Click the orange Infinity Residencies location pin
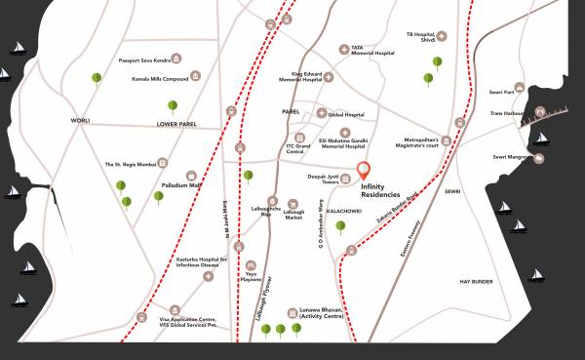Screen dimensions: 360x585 pyautogui.click(x=365, y=170)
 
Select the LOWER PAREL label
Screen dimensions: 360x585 pyautogui.click(x=176, y=125)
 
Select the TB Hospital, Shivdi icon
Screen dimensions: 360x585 pyautogui.click(x=442, y=36)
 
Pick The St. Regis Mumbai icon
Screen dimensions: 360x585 pyautogui.click(x=164, y=163)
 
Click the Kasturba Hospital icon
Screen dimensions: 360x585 pyautogui.click(x=207, y=277)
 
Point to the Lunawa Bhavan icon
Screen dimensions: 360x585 pyautogui.click(x=291, y=314)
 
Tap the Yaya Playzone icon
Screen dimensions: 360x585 pyautogui.click(x=252, y=263)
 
